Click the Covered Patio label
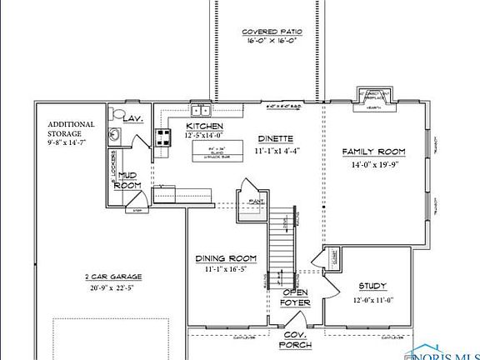[x=272, y=32]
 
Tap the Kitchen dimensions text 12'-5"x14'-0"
[x=204, y=134]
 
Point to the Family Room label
[x=374, y=152]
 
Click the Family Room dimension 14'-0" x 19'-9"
[x=375, y=164]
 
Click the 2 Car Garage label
[x=113, y=277]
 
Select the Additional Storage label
[x=71, y=129]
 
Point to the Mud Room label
[x=127, y=180]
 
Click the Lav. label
[x=133, y=119]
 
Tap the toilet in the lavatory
[x=117, y=114]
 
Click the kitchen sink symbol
[x=200, y=109]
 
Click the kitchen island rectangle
[x=214, y=151]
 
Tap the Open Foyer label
[x=296, y=297]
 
